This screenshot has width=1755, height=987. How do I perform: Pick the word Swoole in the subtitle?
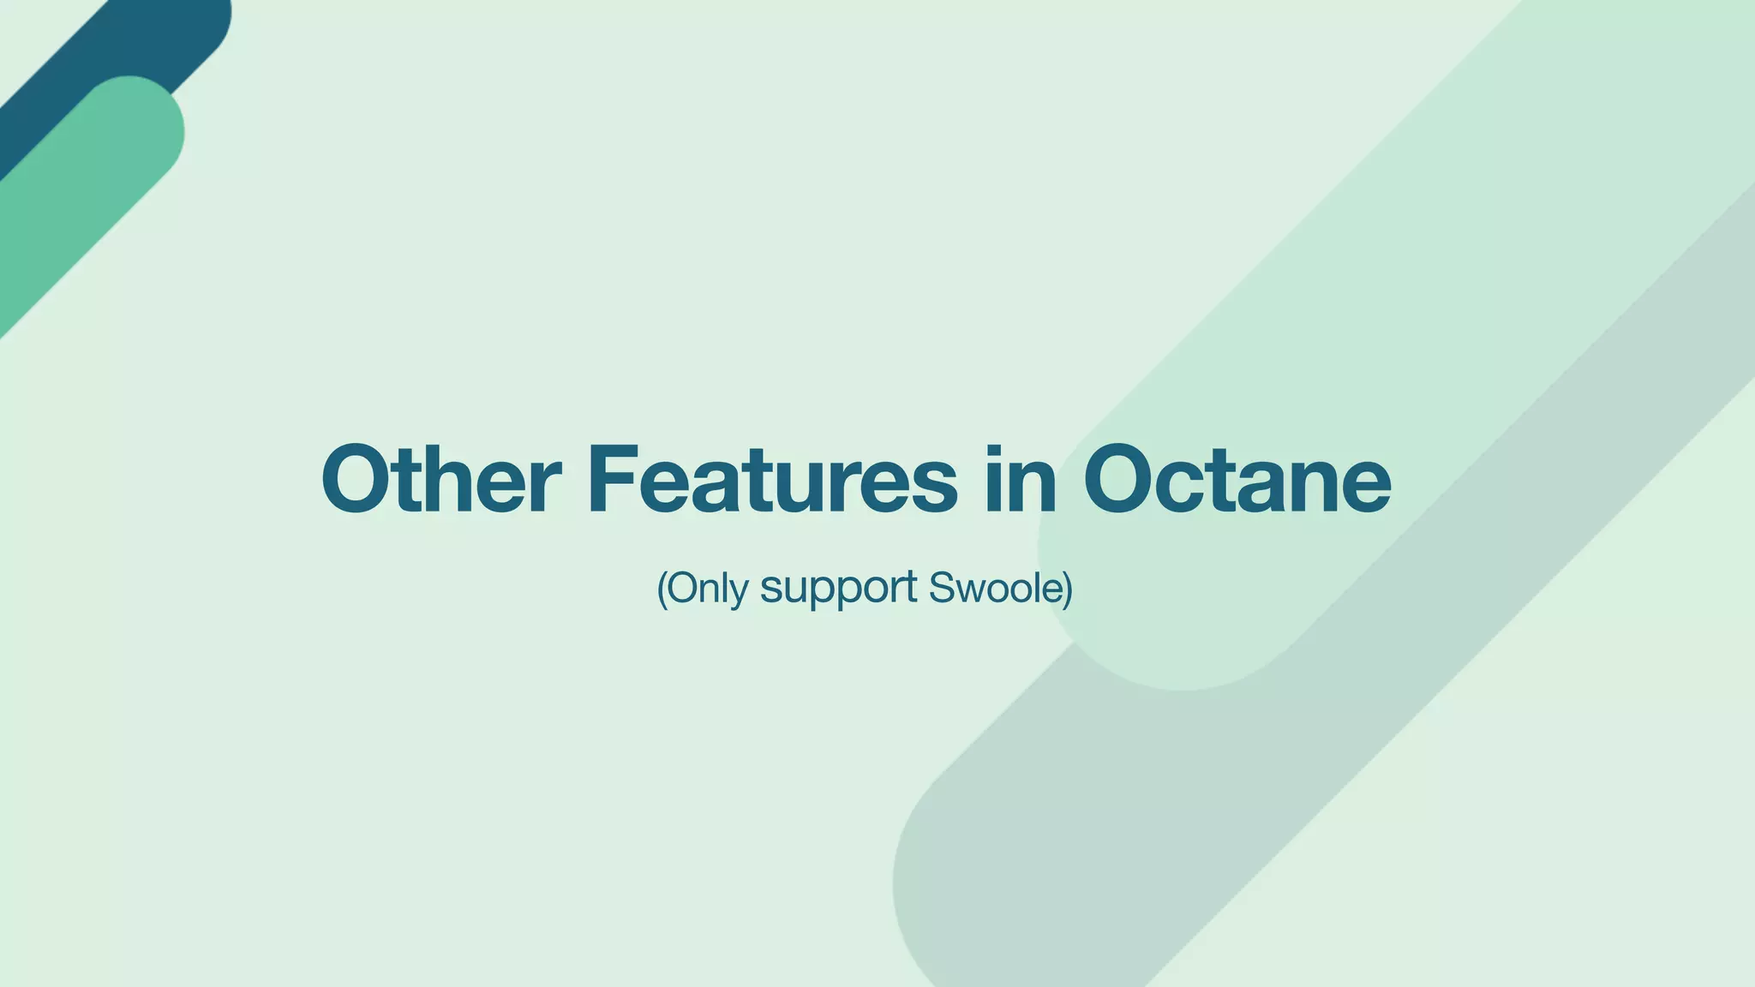coord(995,588)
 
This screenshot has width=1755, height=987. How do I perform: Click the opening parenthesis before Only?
coord(662,589)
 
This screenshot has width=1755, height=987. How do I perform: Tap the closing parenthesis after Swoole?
coord(1068,589)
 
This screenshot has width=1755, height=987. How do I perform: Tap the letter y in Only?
coord(740,593)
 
